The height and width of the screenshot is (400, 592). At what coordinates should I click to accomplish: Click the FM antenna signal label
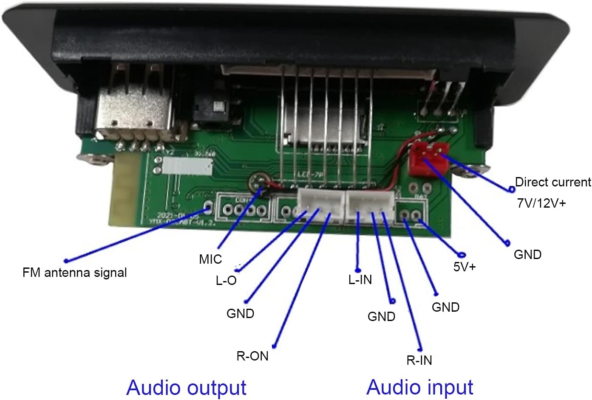coord(74,273)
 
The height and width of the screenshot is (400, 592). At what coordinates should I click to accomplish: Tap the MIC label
coord(210,259)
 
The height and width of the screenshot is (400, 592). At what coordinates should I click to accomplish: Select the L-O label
coord(226,280)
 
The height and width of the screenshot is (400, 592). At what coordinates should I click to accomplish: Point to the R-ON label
coord(252,356)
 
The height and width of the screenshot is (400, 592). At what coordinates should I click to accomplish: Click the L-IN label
coord(360,279)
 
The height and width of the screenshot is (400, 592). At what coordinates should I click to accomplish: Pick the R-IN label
coord(419,360)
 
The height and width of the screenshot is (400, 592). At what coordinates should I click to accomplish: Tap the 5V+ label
coord(465,267)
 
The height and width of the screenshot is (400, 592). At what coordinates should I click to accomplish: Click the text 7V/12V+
coord(541,203)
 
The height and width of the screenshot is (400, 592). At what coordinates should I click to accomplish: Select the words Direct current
coord(552,182)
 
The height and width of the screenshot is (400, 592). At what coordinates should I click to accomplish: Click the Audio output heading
coord(186,387)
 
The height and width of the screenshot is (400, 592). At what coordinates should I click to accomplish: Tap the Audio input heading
coord(419,387)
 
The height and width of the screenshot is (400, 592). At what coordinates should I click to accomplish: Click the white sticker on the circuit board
coord(187,166)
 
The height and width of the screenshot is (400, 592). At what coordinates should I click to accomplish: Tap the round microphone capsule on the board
coord(257,182)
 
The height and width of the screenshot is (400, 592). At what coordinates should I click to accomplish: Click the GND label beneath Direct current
coord(527,254)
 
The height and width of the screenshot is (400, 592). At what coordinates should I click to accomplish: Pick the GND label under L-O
coord(240,313)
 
